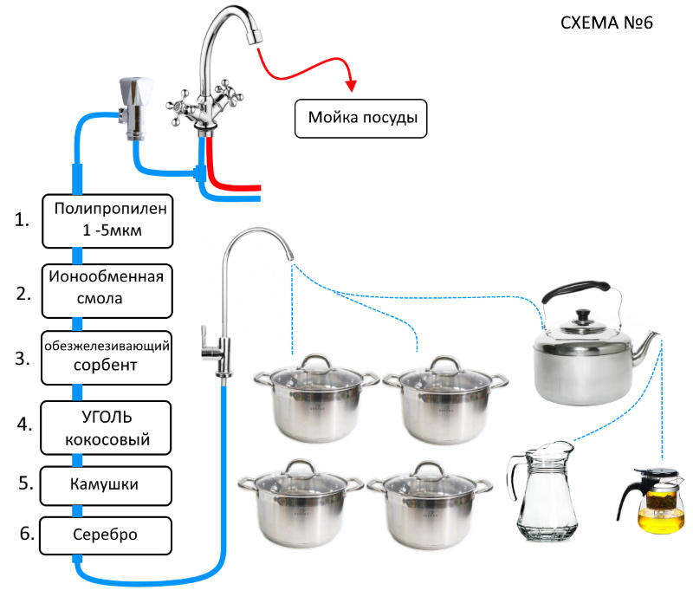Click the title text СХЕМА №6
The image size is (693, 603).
(x=606, y=23)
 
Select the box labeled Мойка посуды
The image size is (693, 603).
(x=360, y=119)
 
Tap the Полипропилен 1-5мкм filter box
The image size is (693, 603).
(x=107, y=221)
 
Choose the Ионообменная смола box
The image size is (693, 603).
(x=107, y=291)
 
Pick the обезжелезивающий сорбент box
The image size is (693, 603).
(x=107, y=358)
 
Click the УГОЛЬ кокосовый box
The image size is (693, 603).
(x=106, y=427)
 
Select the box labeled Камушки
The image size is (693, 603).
(x=106, y=485)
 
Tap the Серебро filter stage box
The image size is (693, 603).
(x=106, y=535)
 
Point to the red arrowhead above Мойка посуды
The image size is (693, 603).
(x=352, y=86)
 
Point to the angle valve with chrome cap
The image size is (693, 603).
(x=136, y=108)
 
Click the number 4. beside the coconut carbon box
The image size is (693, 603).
(x=24, y=425)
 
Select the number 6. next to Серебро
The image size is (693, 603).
(x=27, y=534)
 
